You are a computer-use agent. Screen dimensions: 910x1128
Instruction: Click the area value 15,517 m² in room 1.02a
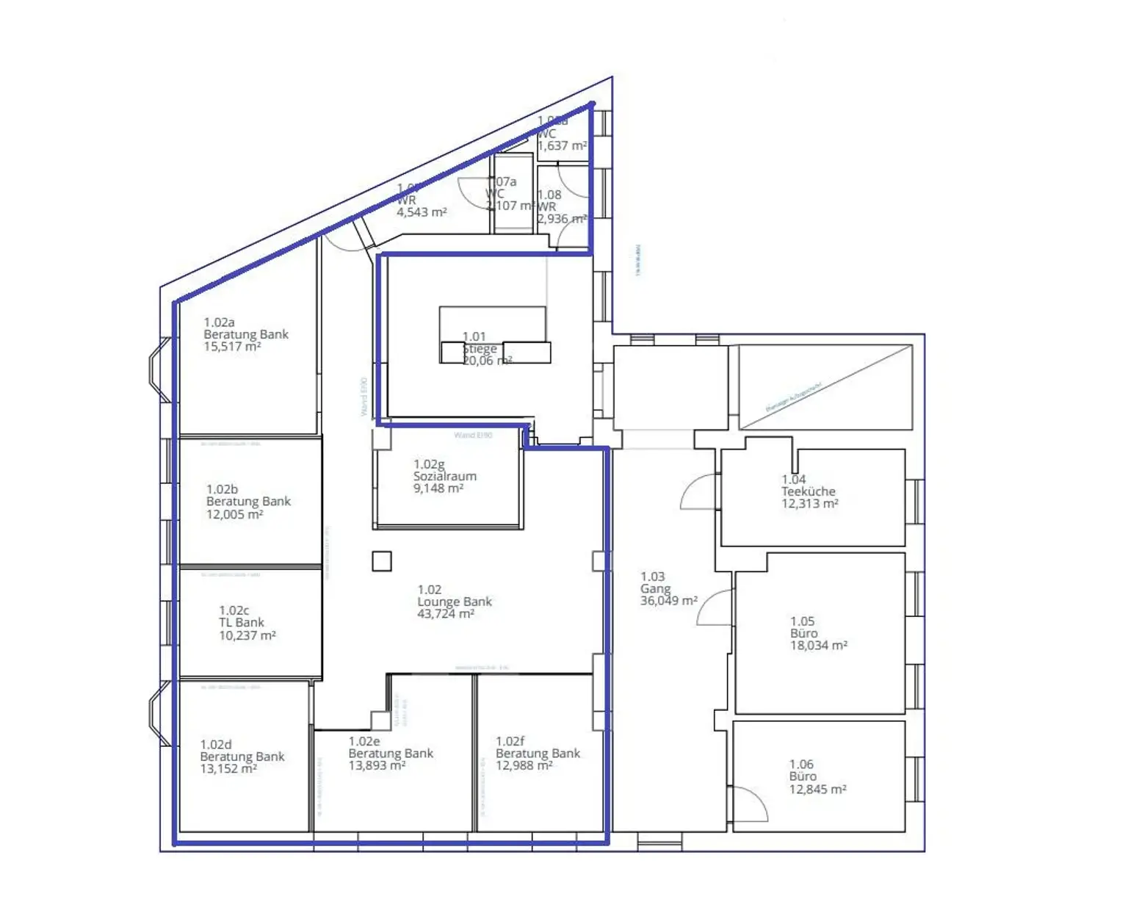(232, 347)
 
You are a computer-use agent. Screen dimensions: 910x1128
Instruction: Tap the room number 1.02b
(222, 489)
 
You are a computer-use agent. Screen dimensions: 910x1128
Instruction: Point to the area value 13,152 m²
(228, 769)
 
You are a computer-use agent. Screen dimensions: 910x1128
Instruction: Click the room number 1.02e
(364, 742)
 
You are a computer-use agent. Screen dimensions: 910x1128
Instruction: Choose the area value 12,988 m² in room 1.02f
(524, 766)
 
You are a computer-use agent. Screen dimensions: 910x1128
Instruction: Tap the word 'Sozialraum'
(444, 477)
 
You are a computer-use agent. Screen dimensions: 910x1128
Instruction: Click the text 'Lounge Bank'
(455, 602)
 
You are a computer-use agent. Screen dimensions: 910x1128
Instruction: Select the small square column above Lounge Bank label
(381, 561)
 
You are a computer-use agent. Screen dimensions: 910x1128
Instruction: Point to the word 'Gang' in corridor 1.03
(655, 589)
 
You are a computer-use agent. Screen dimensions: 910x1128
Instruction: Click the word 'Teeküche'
(808, 491)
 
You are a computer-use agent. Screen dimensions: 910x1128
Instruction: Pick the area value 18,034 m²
(818, 646)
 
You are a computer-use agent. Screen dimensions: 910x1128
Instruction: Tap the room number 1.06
(801, 765)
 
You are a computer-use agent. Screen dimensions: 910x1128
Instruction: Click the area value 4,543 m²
(422, 213)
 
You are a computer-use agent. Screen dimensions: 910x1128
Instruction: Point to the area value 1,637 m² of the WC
(562, 146)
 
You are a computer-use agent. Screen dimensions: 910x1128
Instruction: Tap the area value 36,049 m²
(668, 601)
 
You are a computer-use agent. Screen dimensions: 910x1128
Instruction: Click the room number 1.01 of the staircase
(474, 336)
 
